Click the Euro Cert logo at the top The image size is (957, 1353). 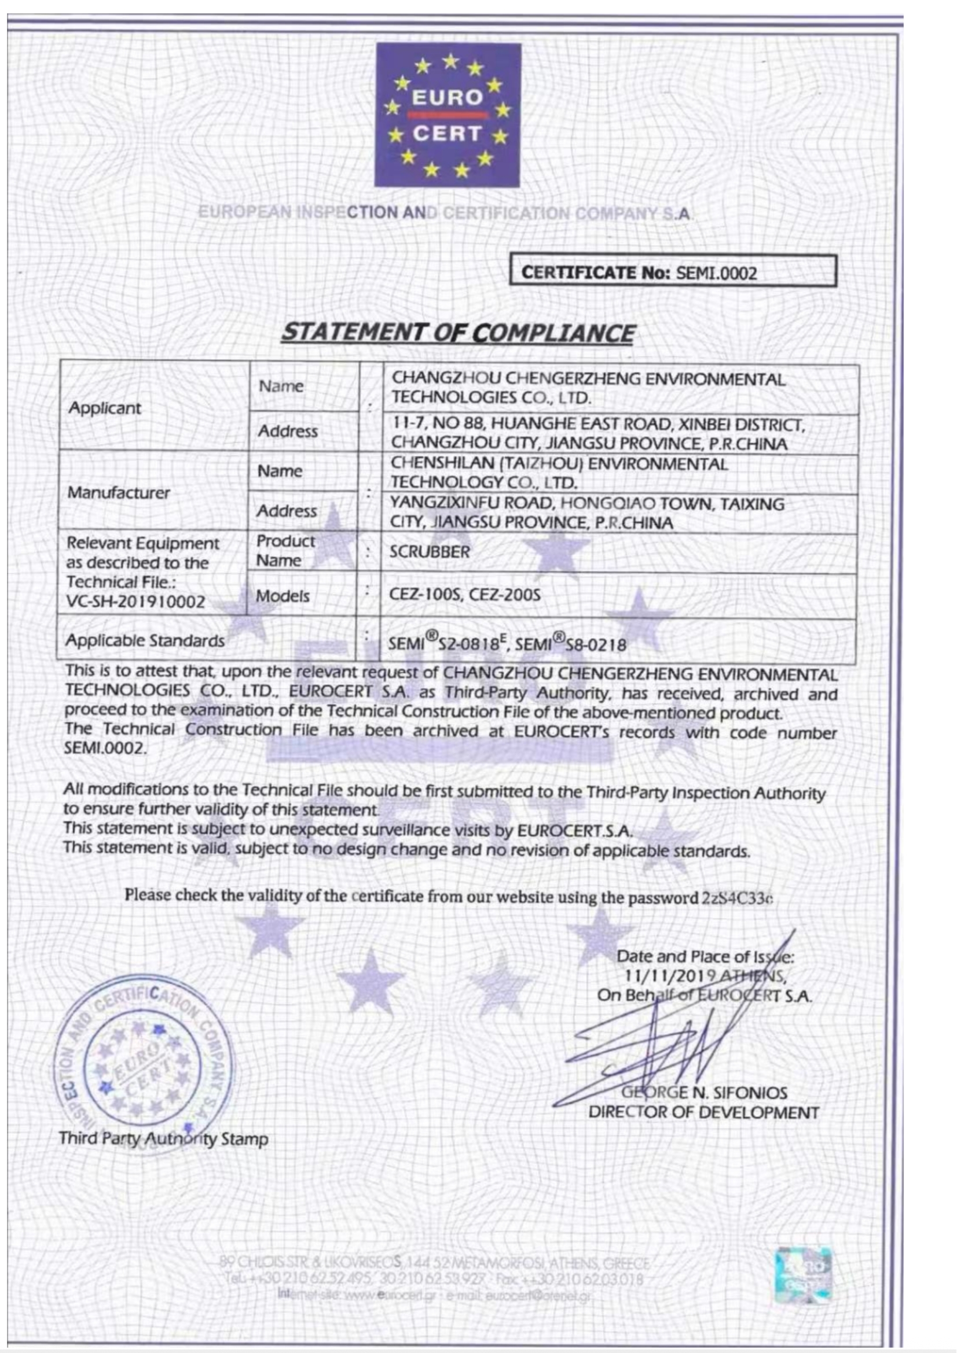[448, 115]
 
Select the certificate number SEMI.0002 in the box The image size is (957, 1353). [716, 274]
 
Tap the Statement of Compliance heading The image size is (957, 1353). [457, 333]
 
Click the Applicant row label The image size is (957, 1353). [104, 408]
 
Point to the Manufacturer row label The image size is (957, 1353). [119, 493]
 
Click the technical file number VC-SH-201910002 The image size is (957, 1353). [135, 602]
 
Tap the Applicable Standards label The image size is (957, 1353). [145, 640]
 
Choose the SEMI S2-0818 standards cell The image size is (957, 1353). [507, 643]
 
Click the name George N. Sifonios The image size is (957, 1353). [705, 1093]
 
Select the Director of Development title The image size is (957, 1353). [703, 1112]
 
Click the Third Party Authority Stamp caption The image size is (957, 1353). [163, 1139]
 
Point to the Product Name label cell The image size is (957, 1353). [285, 550]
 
